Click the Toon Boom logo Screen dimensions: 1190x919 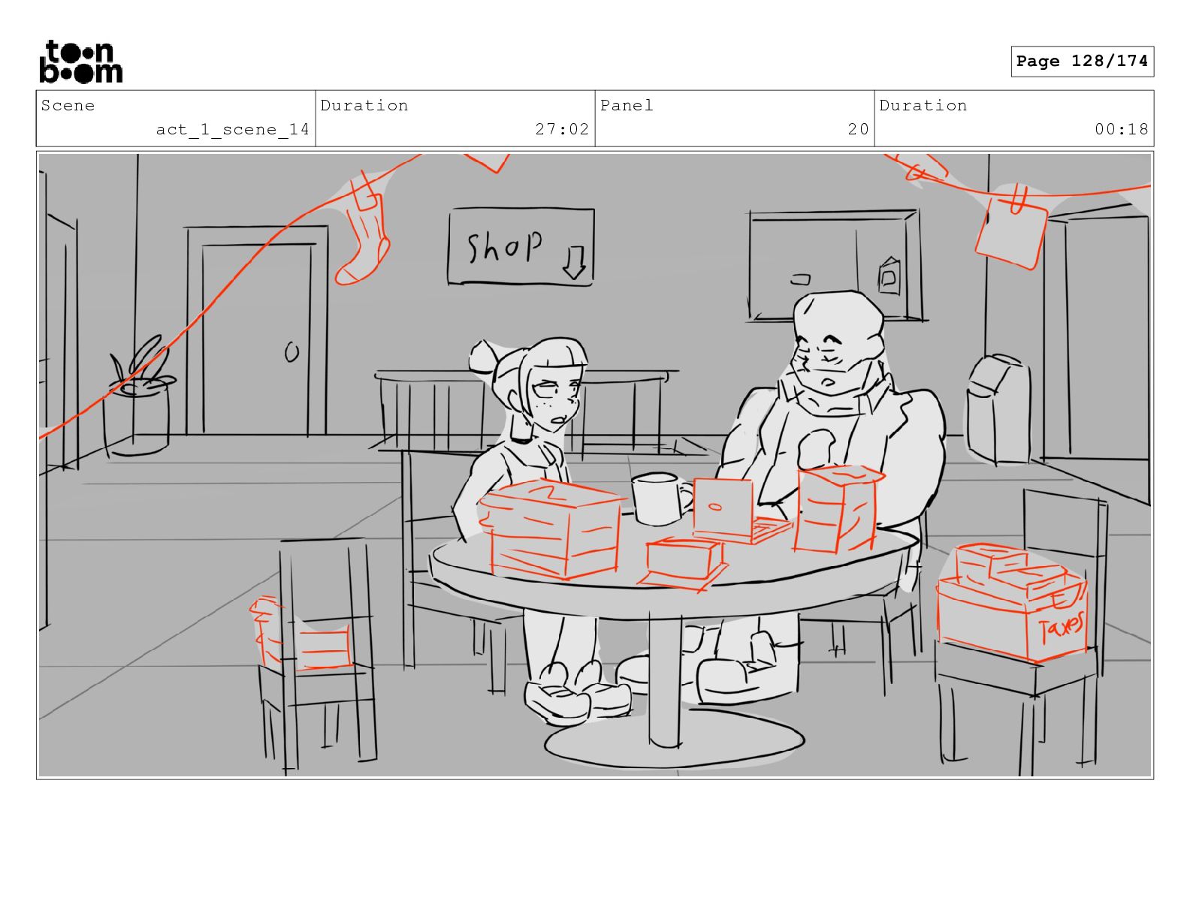(x=81, y=62)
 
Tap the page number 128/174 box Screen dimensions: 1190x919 (x=1082, y=62)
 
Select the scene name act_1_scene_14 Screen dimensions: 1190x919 (x=232, y=130)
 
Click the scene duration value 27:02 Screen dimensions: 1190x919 (x=562, y=129)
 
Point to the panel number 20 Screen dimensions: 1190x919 (x=858, y=129)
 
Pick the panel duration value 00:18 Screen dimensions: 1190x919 (x=1121, y=129)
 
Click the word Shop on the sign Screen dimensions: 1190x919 (x=504, y=246)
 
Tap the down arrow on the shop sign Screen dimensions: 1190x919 (x=574, y=263)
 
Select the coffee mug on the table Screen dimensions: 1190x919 (x=660, y=499)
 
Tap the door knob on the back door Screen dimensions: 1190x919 (x=292, y=352)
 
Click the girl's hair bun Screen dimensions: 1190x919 (x=485, y=357)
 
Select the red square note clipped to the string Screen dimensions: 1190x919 (x=1010, y=234)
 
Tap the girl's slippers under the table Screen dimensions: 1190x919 (x=575, y=695)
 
